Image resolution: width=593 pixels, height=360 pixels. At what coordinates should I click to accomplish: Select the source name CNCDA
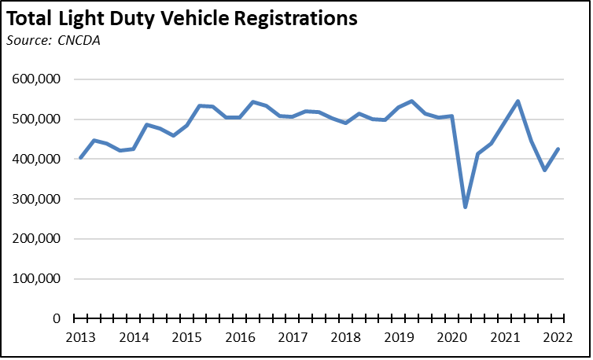pos(80,40)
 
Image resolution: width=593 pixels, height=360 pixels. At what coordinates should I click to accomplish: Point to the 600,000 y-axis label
pos(39,79)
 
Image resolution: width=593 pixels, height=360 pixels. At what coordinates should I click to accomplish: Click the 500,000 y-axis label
pos(39,119)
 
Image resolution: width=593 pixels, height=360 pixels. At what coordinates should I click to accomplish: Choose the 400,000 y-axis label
pos(39,160)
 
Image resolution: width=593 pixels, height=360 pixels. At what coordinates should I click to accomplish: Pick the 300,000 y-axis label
pos(39,200)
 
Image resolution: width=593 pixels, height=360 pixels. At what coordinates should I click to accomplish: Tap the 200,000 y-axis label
pos(39,239)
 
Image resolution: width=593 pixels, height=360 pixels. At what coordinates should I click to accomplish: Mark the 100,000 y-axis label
pos(39,279)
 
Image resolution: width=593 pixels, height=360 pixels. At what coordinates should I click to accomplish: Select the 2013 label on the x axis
pos(80,338)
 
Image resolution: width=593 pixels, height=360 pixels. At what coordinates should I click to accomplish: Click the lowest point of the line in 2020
pos(466,208)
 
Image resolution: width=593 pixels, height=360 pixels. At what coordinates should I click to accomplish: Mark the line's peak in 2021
pos(518,101)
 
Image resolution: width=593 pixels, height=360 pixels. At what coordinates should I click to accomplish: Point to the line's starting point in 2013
pos(80,158)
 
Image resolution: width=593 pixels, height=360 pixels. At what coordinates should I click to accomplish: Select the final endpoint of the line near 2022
pos(558,149)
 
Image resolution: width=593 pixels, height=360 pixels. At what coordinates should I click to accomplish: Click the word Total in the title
pos(33,18)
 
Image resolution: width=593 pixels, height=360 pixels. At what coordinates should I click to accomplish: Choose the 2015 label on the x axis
pos(186,338)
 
